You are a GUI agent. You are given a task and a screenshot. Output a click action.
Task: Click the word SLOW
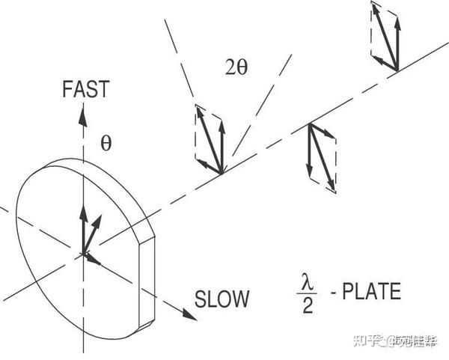(222, 299)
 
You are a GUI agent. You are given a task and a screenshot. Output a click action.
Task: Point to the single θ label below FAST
(106, 144)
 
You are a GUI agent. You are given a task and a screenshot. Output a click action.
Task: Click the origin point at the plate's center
(82, 254)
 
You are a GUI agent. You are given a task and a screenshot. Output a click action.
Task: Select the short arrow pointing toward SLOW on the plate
(93, 259)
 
